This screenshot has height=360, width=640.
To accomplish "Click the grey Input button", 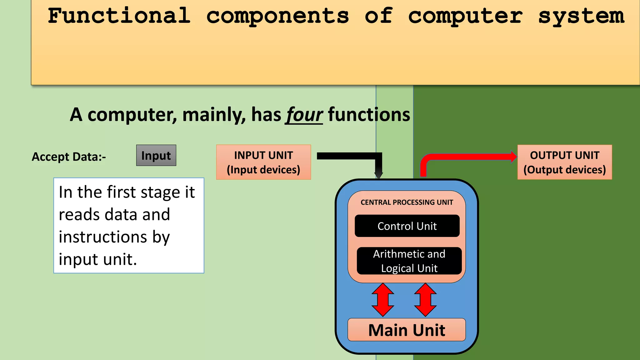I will [x=156, y=155].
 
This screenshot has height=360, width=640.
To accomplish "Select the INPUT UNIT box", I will [x=263, y=162].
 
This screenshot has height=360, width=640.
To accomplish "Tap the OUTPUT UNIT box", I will [x=564, y=162].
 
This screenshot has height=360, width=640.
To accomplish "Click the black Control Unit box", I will [x=407, y=226].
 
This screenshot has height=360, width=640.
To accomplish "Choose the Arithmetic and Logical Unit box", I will [x=409, y=261].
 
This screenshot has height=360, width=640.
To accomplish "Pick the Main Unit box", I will [x=407, y=330].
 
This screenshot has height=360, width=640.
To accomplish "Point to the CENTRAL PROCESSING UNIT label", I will [x=407, y=202].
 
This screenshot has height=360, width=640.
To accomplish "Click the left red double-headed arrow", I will [x=383, y=300].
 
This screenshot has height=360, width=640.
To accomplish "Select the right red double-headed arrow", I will [x=425, y=300].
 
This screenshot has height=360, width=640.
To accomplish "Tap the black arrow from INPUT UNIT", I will [x=350, y=156].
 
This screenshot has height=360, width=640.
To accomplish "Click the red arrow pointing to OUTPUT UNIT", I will [x=469, y=157].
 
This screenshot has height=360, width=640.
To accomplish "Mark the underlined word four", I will [x=304, y=115].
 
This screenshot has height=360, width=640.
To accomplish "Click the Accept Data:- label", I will [x=69, y=157].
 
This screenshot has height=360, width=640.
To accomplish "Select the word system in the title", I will [x=581, y=16].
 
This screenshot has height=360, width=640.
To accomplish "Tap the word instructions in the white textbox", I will [x=103, y=237].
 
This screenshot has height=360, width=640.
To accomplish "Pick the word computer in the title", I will [x=465, y=16].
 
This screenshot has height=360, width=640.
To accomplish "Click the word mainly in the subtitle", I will [x=214, y=115].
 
